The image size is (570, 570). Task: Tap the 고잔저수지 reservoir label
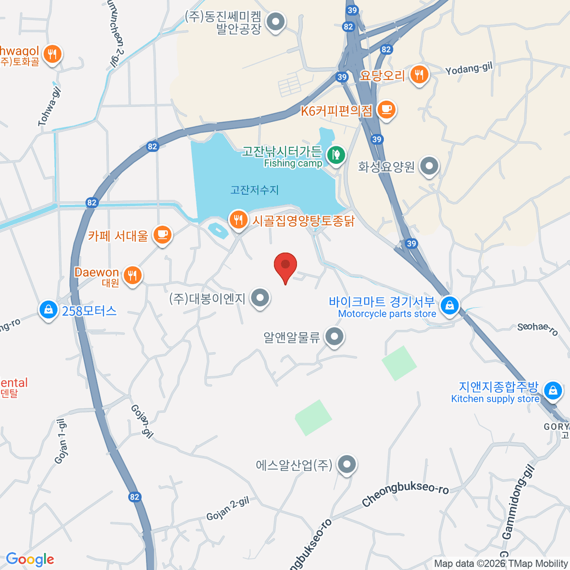[255, 190]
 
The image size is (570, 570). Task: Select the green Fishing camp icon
[336, 155]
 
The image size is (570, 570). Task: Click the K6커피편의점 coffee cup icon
[387, 110]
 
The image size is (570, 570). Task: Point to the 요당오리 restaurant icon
[419, 75]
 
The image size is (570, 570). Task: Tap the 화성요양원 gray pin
[430, 167]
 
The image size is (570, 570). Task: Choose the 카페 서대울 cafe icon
[162, 235]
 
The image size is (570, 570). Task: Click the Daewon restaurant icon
[133, 275]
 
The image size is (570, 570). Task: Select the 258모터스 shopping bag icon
[48, 310]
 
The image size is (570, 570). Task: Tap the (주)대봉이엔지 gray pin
[260, 298]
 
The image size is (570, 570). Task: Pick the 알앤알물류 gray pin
[334, 337]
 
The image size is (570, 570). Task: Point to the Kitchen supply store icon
[552, 391]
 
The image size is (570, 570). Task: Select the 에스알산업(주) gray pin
[347, 464]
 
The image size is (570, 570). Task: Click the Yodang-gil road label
[469, 69]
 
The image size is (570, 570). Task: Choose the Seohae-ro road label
[538, 328]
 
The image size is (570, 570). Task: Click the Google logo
[30, 560]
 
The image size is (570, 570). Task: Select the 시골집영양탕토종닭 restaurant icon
[238, 220]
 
